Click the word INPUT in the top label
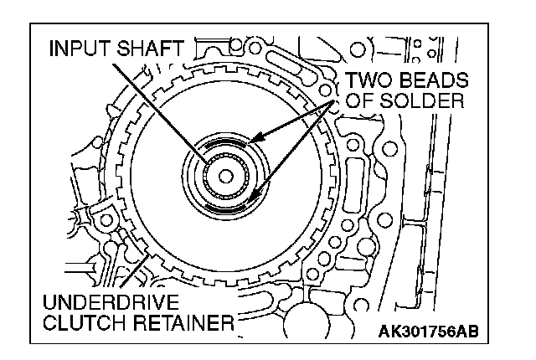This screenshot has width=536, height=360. (x=80, y=49)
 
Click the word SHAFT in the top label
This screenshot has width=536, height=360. (x=151, y=49)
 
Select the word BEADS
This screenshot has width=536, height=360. (x=434, y=80)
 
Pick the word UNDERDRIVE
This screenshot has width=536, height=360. (x=111, y=302)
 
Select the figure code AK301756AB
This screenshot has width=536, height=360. (x=429, y=331)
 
